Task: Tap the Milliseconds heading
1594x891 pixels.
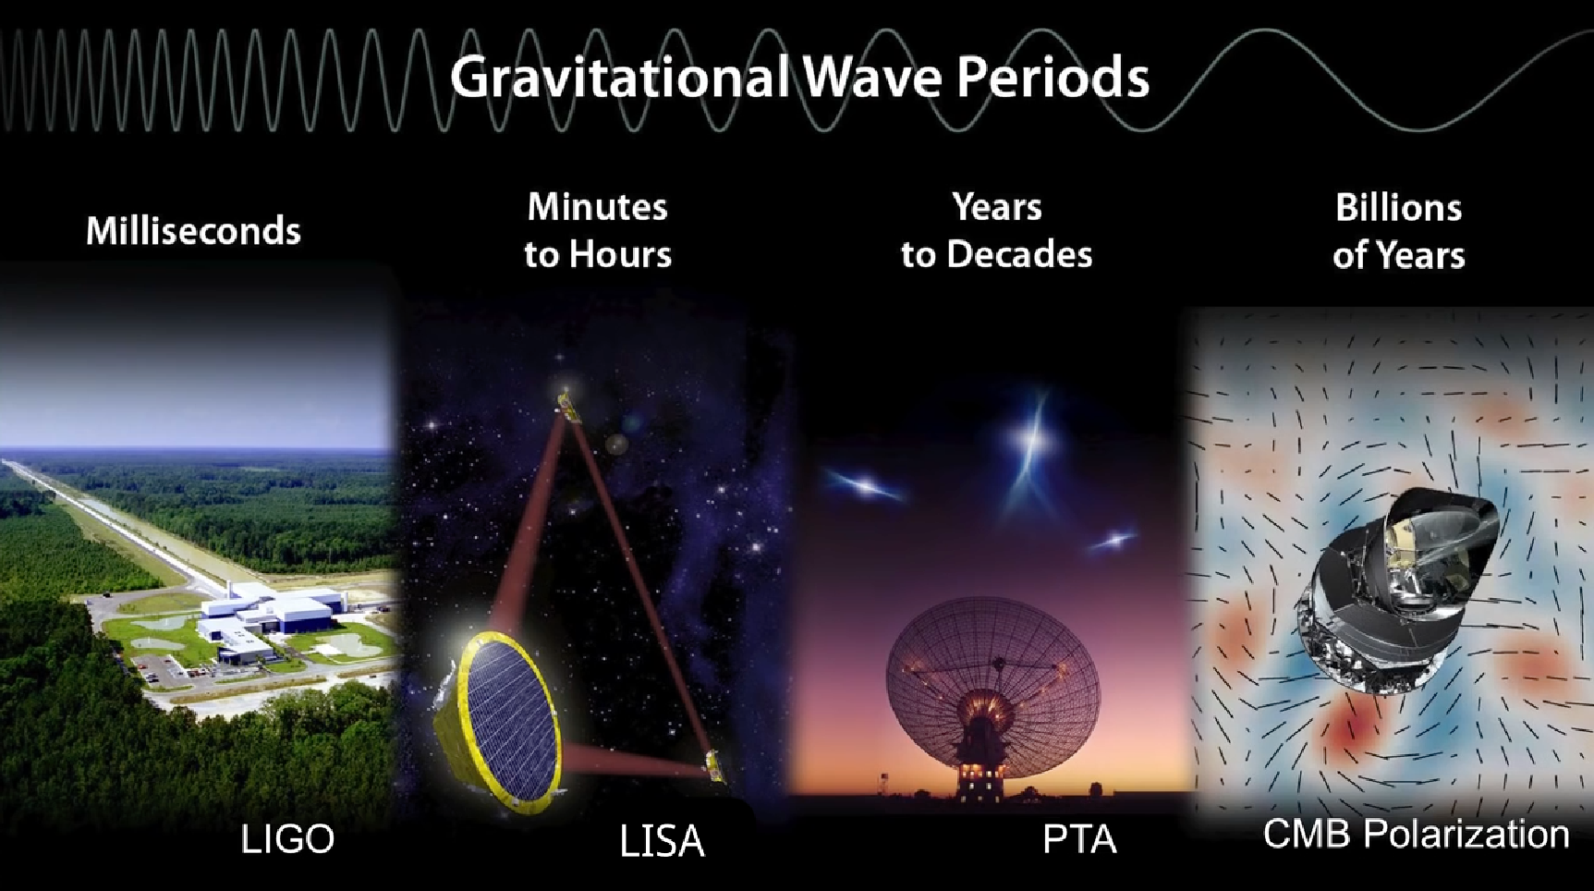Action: [193, 230]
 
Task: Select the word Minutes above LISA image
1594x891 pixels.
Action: [597, 207]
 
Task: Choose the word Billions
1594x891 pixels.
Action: [1398, 208]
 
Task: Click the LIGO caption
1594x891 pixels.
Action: [287, 839]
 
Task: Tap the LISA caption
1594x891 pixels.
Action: [662, 841]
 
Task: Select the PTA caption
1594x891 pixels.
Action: [1079, 839]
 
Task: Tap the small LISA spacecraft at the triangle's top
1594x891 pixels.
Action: [568, 407]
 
